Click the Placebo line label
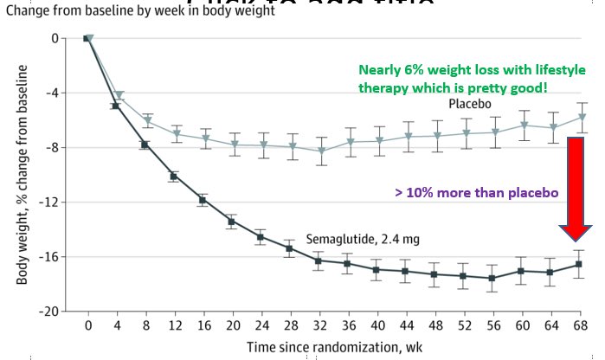click(x=469, y=103)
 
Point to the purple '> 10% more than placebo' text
click(x=473, y=192)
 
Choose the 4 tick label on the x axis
click(x=117, y=326)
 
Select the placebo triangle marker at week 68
click(x=582, y=117)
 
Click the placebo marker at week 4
click(x=119, y=95)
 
